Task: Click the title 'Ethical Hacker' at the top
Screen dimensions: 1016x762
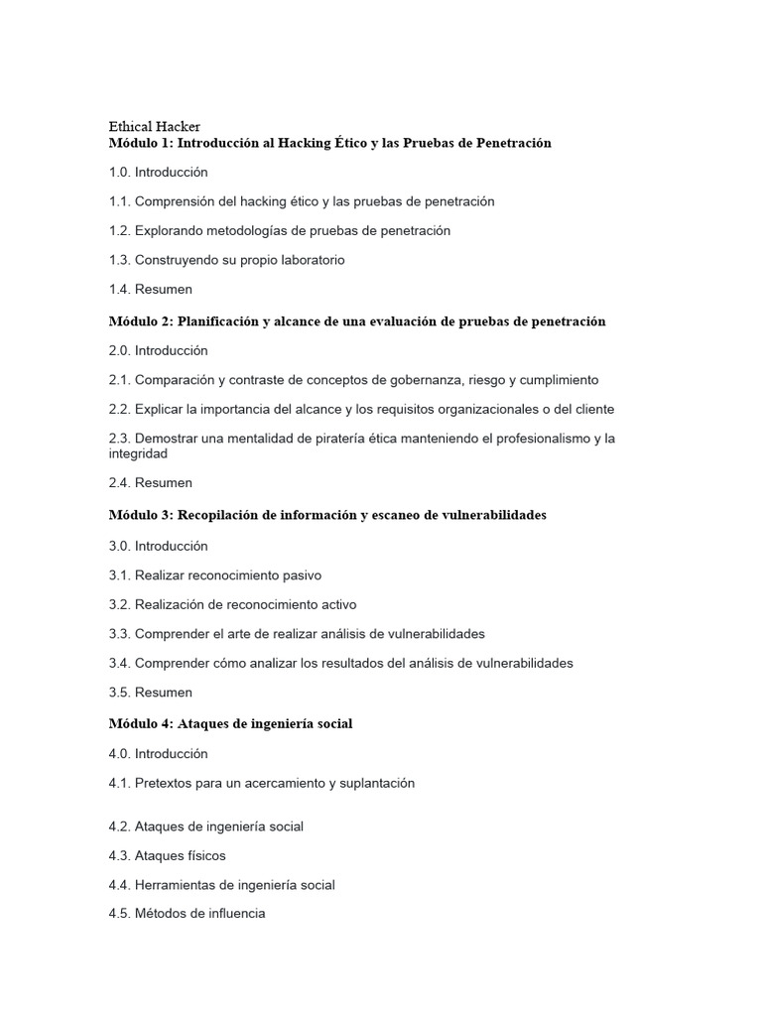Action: pos(154,127)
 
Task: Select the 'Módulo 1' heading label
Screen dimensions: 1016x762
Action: pos(141,143)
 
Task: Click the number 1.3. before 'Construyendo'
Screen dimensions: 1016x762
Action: pos(120,260)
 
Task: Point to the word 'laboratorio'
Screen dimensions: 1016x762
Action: pos(309,260)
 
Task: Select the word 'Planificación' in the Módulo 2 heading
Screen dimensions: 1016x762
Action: pos(216,321)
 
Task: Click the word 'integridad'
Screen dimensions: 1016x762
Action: pos(138,453)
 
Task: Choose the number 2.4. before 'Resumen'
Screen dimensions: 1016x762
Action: pos(120,483)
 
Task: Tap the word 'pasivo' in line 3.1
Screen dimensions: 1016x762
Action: pos(300,575)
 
